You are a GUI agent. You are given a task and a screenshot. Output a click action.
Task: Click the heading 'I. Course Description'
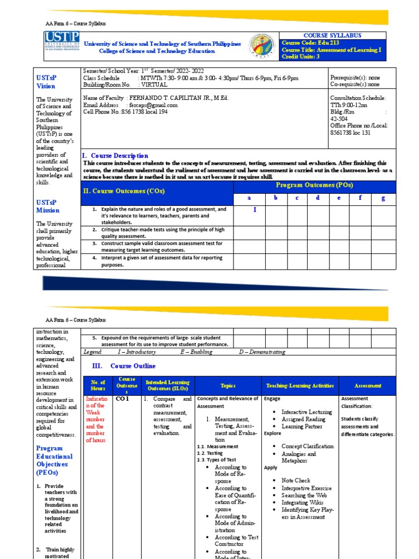[x=115, y=156]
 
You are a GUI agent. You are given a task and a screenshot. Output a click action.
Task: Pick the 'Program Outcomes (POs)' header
[x=314, y=185]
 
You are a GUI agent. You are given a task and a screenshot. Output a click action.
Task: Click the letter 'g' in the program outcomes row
[x=384, y=198]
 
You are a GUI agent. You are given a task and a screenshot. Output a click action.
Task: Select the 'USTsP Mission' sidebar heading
[x=48, y=206]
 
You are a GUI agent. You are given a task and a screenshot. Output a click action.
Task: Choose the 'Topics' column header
[x=228, y=385]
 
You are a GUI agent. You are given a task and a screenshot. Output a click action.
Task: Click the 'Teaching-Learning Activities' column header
[x=300, y=385]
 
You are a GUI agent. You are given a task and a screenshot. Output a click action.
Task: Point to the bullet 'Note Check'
[x=296, y=480]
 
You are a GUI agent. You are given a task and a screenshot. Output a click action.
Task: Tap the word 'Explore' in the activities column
[x=273, y=433]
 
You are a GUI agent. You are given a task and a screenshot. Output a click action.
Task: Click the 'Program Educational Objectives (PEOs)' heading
[x=54, y=460]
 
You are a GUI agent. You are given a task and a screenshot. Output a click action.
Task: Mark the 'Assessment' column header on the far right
[x=368, y=385]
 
